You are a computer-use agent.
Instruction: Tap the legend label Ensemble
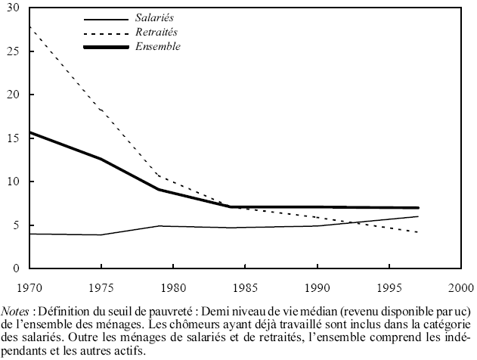pyautogui.click(x=159, y=47)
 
